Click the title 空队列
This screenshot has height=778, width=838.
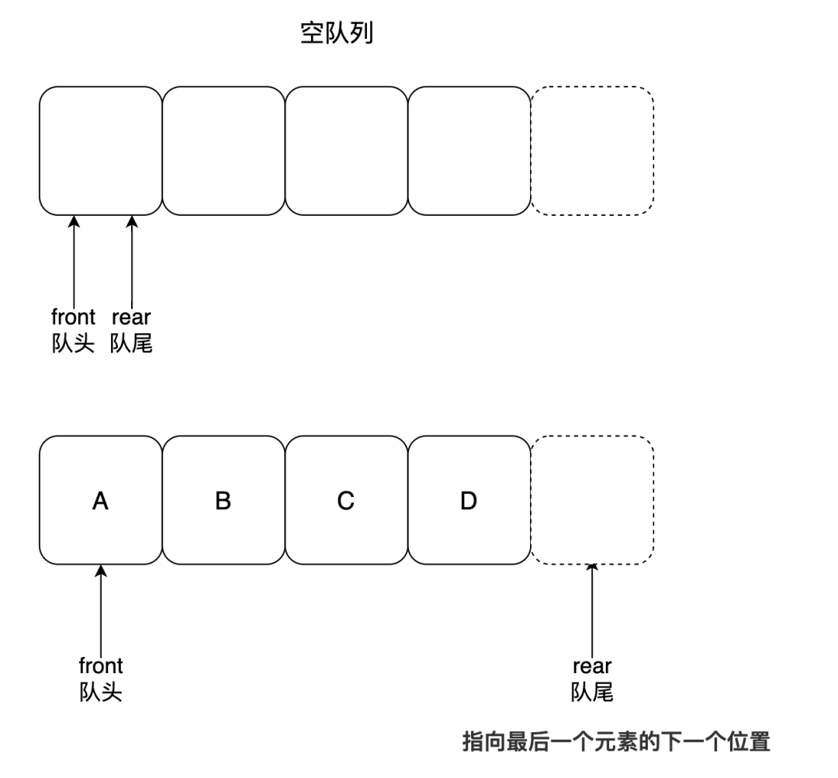337,33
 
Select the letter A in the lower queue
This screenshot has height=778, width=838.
100,502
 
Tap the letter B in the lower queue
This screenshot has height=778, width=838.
223,502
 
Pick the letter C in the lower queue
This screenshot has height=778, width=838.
346,502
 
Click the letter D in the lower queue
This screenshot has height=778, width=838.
468,502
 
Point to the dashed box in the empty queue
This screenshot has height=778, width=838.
592,151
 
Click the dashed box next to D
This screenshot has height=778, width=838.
592,500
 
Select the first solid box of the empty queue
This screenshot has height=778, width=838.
100,151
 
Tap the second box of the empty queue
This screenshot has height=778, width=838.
223,151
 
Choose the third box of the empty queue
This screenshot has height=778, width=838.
346,151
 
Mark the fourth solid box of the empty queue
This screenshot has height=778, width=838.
469,151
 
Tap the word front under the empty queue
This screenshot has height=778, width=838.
73,317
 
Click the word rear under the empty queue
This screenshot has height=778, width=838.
131,317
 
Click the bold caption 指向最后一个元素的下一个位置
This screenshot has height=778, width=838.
616,742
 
